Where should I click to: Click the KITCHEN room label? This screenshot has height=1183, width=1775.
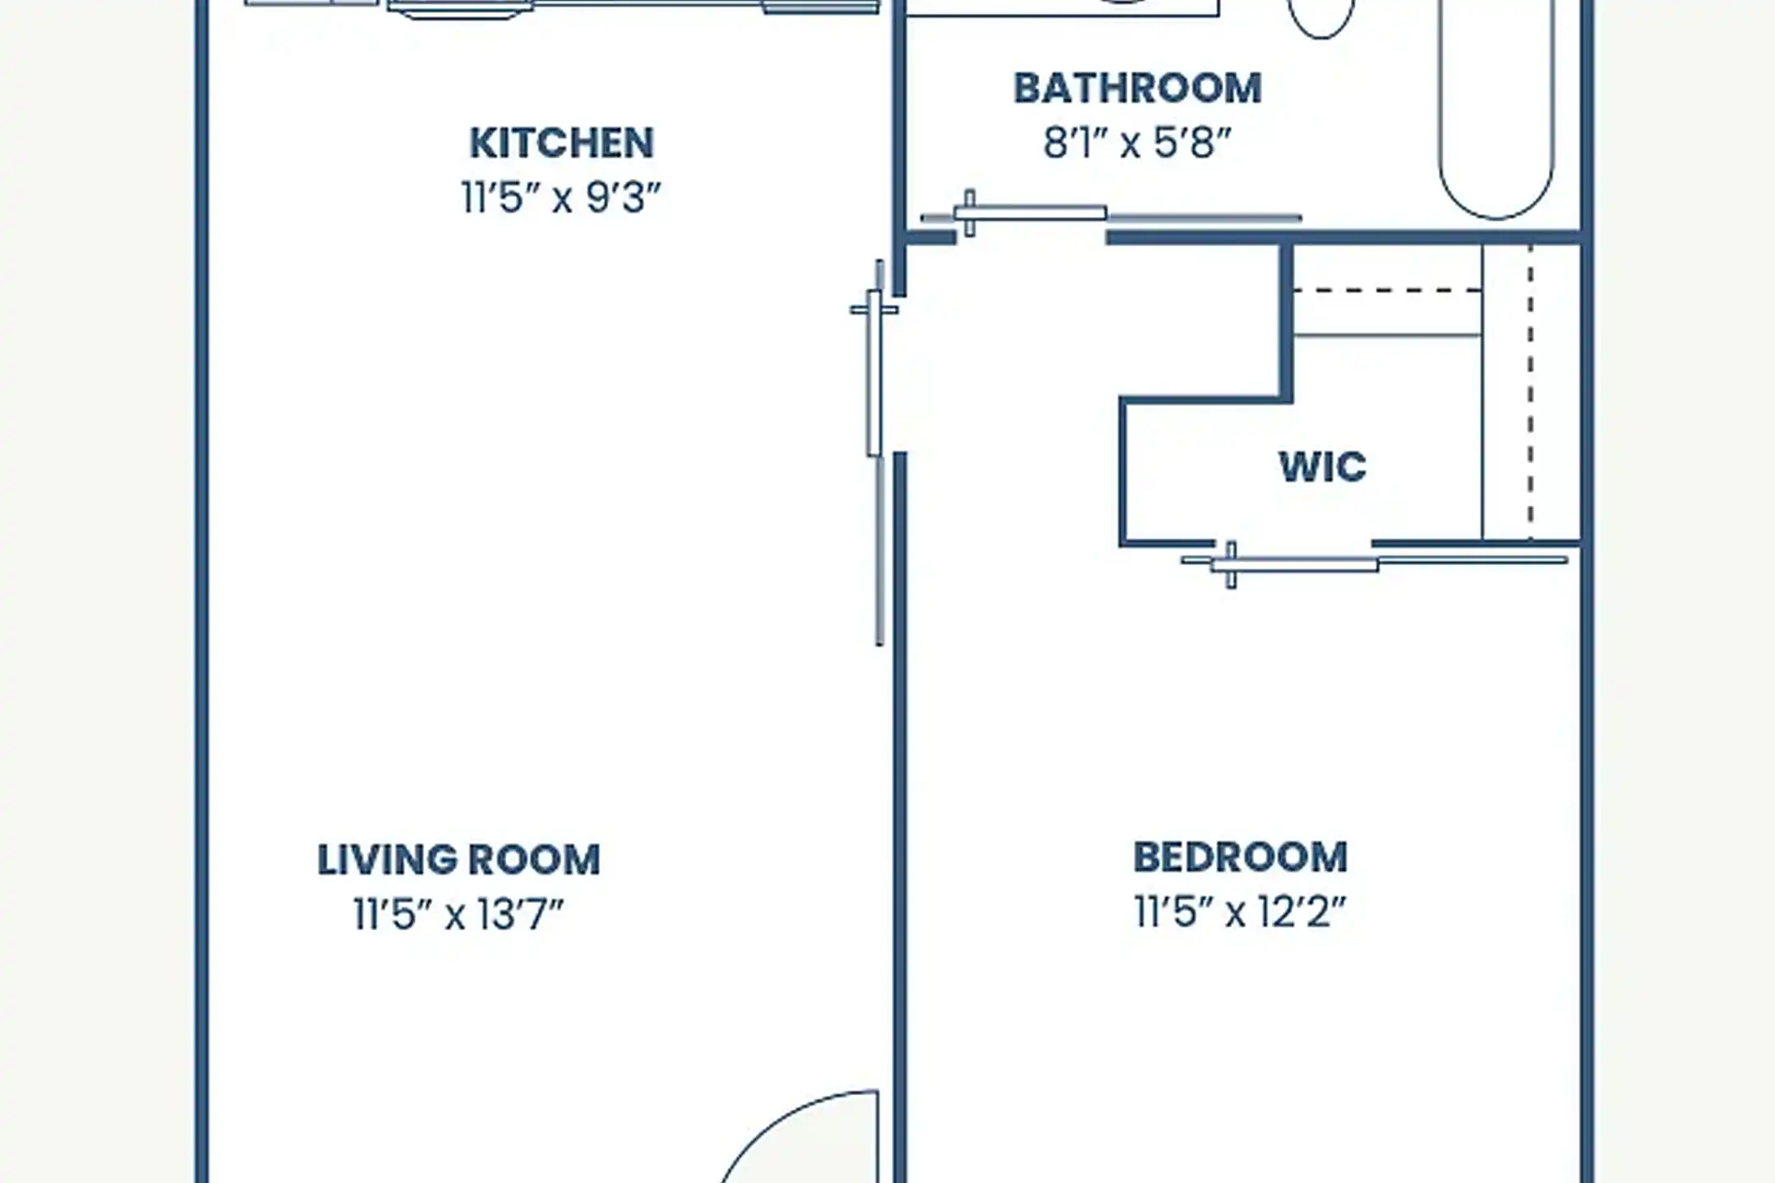(x=562, y=144)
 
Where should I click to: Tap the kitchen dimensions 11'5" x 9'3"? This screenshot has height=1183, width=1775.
(x=561, y=198)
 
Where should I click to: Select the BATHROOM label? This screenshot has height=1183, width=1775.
(x=1137, y=89)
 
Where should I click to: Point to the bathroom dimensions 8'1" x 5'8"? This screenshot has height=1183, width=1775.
(x=1137, y=143)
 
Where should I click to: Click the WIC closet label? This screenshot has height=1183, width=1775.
(x=1323, y=467)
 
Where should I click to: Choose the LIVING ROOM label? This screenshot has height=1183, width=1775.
(x=459, y=860)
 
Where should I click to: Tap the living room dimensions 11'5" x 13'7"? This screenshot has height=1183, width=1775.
(x=459, y=914)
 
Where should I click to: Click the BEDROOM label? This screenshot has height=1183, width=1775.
(x=1240, y=858)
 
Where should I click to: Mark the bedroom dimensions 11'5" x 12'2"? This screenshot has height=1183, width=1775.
(x=1240, y=912)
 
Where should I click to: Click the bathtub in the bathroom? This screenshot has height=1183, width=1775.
(x=1496, y=107)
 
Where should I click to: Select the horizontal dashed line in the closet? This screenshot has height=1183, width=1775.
(x=1388, y=290)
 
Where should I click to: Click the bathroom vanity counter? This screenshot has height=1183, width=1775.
(x=1062, y=8)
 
